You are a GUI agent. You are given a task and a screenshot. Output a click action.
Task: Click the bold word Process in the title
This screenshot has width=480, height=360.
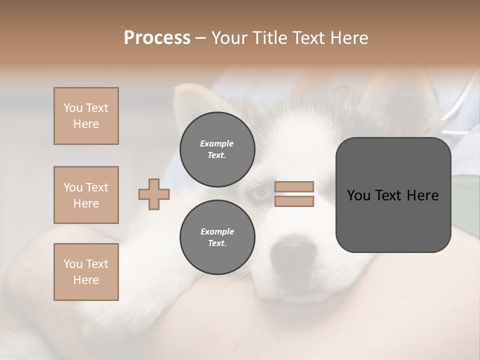[157, 38]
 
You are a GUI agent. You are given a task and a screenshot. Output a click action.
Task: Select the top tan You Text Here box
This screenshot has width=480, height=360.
[86, 116]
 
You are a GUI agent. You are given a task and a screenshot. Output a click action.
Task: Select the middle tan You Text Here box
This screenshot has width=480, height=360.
[86, 195]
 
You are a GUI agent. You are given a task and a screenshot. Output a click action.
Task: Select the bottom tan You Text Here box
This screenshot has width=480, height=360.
[86, 272]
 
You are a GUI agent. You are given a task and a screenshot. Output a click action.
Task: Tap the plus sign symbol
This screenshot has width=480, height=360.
[154, 194]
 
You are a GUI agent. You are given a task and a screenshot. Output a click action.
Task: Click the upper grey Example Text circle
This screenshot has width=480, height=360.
[217, 149]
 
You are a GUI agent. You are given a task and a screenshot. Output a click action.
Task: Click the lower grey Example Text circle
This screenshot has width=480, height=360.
[217, 237]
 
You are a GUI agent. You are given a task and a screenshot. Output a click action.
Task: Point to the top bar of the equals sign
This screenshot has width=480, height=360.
[294, 187]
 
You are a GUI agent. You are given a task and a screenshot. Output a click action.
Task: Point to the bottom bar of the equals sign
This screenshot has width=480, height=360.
[294, 201]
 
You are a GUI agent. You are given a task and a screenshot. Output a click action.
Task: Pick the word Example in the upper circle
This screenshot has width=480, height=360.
[216, 143]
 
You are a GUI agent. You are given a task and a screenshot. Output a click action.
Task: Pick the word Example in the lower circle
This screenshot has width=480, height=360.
[217, 231]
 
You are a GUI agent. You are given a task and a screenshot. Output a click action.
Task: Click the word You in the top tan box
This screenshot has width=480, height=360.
[72, 108]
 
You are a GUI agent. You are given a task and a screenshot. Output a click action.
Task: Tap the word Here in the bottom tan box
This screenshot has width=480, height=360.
[86, 280]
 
